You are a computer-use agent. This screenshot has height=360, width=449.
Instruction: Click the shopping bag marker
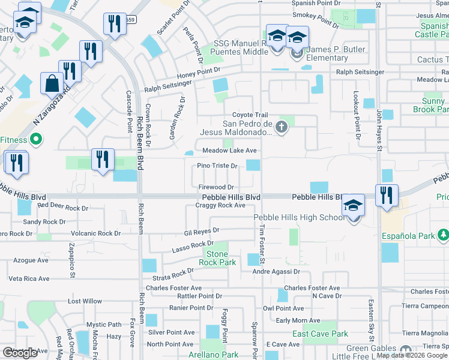52,84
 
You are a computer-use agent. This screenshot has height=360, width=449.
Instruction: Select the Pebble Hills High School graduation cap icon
354,205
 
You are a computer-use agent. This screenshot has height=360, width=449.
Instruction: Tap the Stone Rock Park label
217,259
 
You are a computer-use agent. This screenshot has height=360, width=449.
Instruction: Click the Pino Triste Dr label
218,166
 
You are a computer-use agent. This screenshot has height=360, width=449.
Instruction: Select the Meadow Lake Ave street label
229,151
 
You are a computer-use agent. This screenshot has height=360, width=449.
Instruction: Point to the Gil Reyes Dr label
202,230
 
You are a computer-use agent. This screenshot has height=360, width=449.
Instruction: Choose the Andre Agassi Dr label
276,272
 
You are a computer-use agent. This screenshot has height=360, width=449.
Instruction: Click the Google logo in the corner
20,353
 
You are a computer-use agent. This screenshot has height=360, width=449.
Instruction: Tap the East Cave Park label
320,334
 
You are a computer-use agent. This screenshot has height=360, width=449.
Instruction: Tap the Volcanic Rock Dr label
95,233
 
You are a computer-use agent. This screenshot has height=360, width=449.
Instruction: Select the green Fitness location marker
35,140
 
